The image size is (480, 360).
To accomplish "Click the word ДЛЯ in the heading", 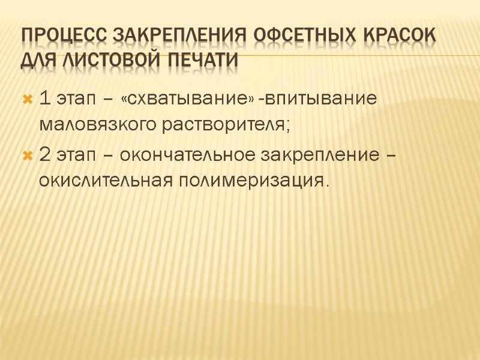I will pyautogui.click(x=38, y=60).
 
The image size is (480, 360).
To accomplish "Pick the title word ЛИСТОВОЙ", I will pyautogui.click(x=108, y=60).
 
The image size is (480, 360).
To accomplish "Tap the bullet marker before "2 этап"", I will pyautogui.click(x=26, y=155).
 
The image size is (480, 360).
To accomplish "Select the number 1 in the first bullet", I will pyautogui.click(x=43, y=98).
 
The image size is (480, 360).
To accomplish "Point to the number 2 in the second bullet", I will pyautogui.click(x=44, y=155).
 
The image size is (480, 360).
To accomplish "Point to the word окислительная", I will pyautogui.click(x=104, y=181).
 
